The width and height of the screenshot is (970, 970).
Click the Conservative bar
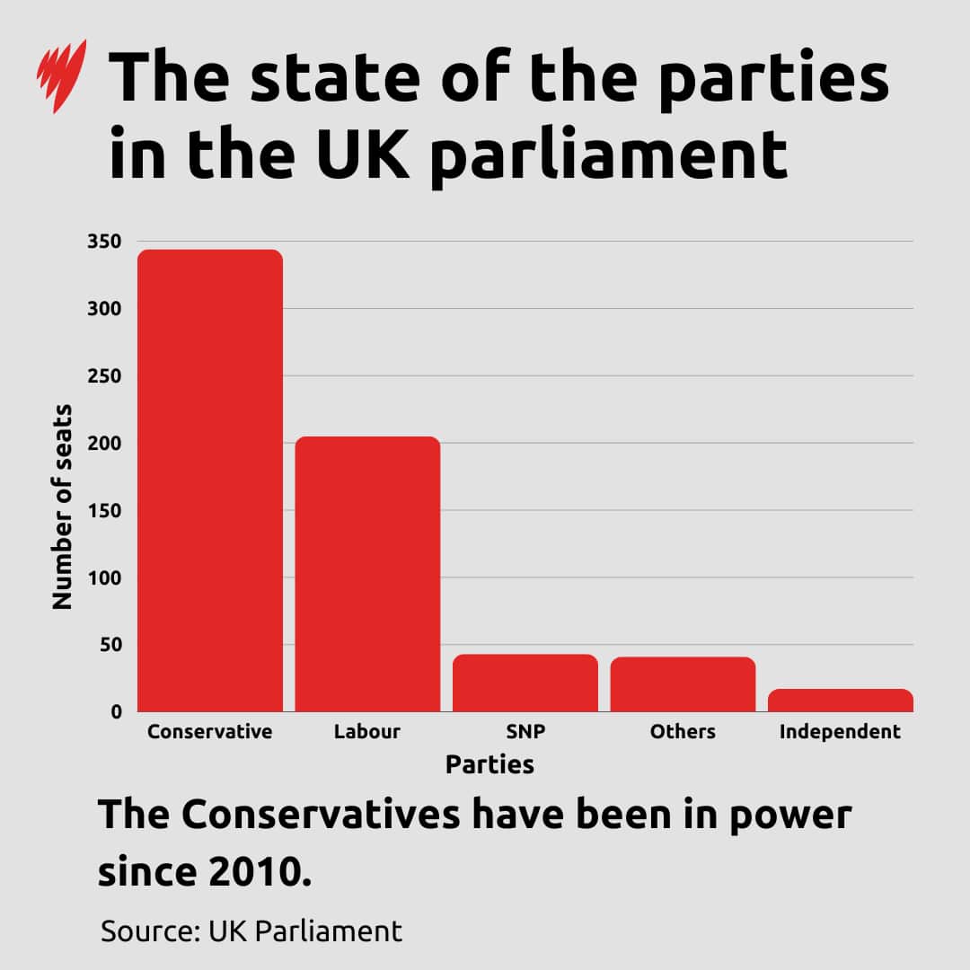tap(209, 481)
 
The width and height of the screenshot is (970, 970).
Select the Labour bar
tap(367, 575)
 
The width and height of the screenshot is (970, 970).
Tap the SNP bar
tap(525, 683)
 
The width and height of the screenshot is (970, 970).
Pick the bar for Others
tap(683, 684)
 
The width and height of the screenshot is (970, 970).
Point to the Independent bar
tap(841, 701)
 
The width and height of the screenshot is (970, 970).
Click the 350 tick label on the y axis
tap(104, 242)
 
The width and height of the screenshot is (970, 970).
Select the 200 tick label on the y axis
tap(104, 444)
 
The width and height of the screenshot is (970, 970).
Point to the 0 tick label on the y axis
tap(116, 712)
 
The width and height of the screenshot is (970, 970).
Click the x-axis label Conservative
tap(209, 732)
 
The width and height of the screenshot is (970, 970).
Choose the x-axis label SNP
tap(525, 732)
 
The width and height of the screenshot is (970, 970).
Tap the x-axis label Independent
tap(840, 732)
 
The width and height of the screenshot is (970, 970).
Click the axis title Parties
tap(489, 765)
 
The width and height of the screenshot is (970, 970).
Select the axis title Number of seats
tap(62, 507)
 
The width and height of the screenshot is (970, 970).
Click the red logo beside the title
tap(61, 75)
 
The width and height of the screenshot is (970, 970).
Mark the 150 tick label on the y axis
tap(104, 511)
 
